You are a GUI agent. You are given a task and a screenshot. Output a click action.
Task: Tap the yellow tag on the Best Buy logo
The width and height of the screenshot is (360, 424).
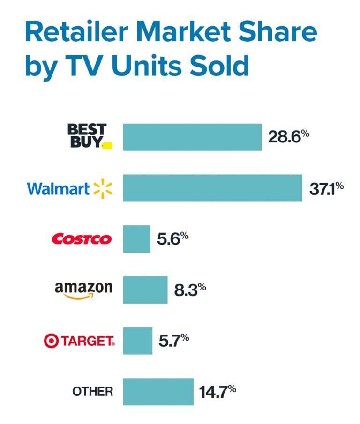(107, 146)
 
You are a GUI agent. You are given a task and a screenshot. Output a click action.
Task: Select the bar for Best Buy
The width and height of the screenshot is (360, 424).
(192, 137)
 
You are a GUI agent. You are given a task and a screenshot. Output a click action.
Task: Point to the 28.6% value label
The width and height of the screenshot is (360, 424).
(288, 137)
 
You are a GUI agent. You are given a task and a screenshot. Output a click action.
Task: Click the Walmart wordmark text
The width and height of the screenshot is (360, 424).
(58, 189)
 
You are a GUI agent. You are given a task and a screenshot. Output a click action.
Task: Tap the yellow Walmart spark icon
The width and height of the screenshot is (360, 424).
(103, 188)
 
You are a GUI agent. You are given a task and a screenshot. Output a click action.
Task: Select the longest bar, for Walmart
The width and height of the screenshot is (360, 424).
(212, 188)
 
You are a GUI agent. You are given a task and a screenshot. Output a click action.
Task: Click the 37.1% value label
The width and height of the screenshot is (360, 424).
(326, 188)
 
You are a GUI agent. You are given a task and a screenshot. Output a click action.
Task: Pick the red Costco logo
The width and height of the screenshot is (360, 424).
(82, 239)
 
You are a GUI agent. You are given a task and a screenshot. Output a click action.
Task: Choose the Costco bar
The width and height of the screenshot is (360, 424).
(137, 239)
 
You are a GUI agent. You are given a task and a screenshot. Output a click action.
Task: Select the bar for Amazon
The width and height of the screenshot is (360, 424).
(145, 290)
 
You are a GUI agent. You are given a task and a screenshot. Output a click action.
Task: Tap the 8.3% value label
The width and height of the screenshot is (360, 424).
(190, 290)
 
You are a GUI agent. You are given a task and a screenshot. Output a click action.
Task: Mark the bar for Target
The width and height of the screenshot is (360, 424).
(138, 341)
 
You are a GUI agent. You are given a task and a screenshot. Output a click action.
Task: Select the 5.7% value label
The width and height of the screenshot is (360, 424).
(174, 341)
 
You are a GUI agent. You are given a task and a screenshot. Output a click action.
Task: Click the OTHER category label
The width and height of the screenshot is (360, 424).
(92, 392)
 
